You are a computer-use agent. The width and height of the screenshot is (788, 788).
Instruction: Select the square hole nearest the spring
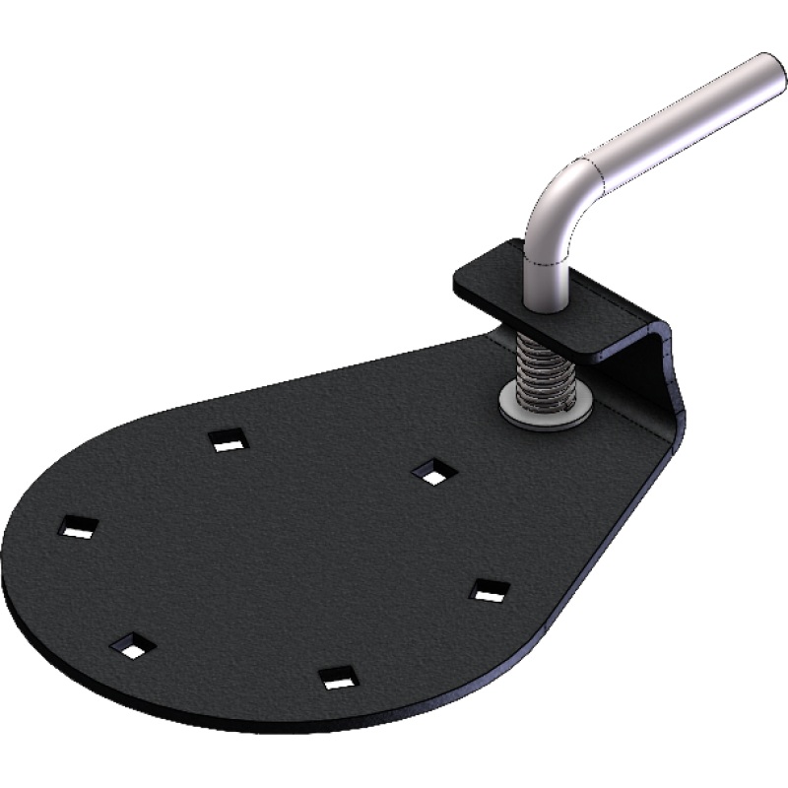point(430,472)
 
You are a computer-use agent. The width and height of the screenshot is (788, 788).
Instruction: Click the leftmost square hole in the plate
point(77,527)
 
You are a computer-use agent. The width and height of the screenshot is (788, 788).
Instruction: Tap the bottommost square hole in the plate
point(337,678)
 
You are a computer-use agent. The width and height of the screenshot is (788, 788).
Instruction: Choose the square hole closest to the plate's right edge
point(490,590)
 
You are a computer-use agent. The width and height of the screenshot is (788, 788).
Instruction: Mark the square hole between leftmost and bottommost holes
point(135,644)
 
